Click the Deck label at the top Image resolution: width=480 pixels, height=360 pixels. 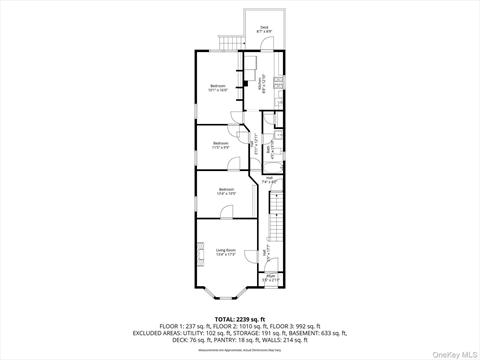point(264,29)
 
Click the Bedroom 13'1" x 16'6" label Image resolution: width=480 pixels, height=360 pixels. point(218,88)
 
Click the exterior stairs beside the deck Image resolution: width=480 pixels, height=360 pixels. point(230,41)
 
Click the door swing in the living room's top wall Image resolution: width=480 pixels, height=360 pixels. point(227,212)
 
